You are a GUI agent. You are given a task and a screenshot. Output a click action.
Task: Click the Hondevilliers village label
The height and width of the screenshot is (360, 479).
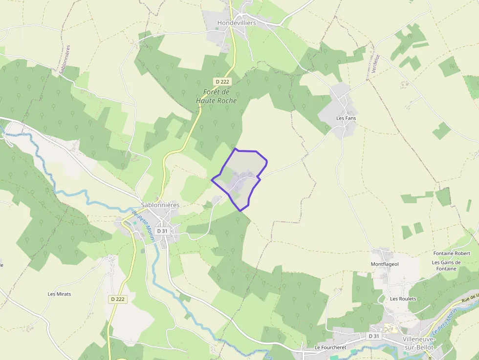click(237, 23)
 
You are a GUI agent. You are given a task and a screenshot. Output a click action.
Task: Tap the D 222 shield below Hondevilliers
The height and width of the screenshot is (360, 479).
click(222, 82)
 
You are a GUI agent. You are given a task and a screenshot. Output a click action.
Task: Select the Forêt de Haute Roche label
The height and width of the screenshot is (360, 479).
click(217, 96)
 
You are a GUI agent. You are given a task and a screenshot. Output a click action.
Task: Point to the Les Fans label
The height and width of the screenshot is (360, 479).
click(346, 118)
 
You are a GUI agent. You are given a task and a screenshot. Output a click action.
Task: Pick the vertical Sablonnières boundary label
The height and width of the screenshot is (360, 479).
click(64, 60)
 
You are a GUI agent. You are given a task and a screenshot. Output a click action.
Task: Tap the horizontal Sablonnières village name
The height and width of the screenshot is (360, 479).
click(160, 205)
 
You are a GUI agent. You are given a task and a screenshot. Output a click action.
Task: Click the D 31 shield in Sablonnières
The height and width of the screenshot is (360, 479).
click(162, 231)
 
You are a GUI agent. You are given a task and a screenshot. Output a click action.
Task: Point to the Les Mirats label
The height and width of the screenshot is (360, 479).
click(59, 294)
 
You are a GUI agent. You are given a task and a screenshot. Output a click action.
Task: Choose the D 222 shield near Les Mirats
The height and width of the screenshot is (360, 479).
click(118, 299)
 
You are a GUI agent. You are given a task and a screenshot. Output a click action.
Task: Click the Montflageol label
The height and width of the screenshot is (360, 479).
click(385, 264)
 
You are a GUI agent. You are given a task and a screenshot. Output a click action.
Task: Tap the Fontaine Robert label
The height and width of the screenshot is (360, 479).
click(452, 254)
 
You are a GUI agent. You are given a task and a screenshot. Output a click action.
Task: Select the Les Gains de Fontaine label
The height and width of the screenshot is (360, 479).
click(444, 265)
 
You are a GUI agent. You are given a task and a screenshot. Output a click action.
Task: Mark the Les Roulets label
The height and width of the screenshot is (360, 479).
click(403, 298)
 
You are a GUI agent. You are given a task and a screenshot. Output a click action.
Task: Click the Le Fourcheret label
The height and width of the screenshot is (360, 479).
click(330, 348)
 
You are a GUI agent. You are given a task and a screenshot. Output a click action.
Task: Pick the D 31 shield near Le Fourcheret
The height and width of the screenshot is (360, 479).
click(374, 336)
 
